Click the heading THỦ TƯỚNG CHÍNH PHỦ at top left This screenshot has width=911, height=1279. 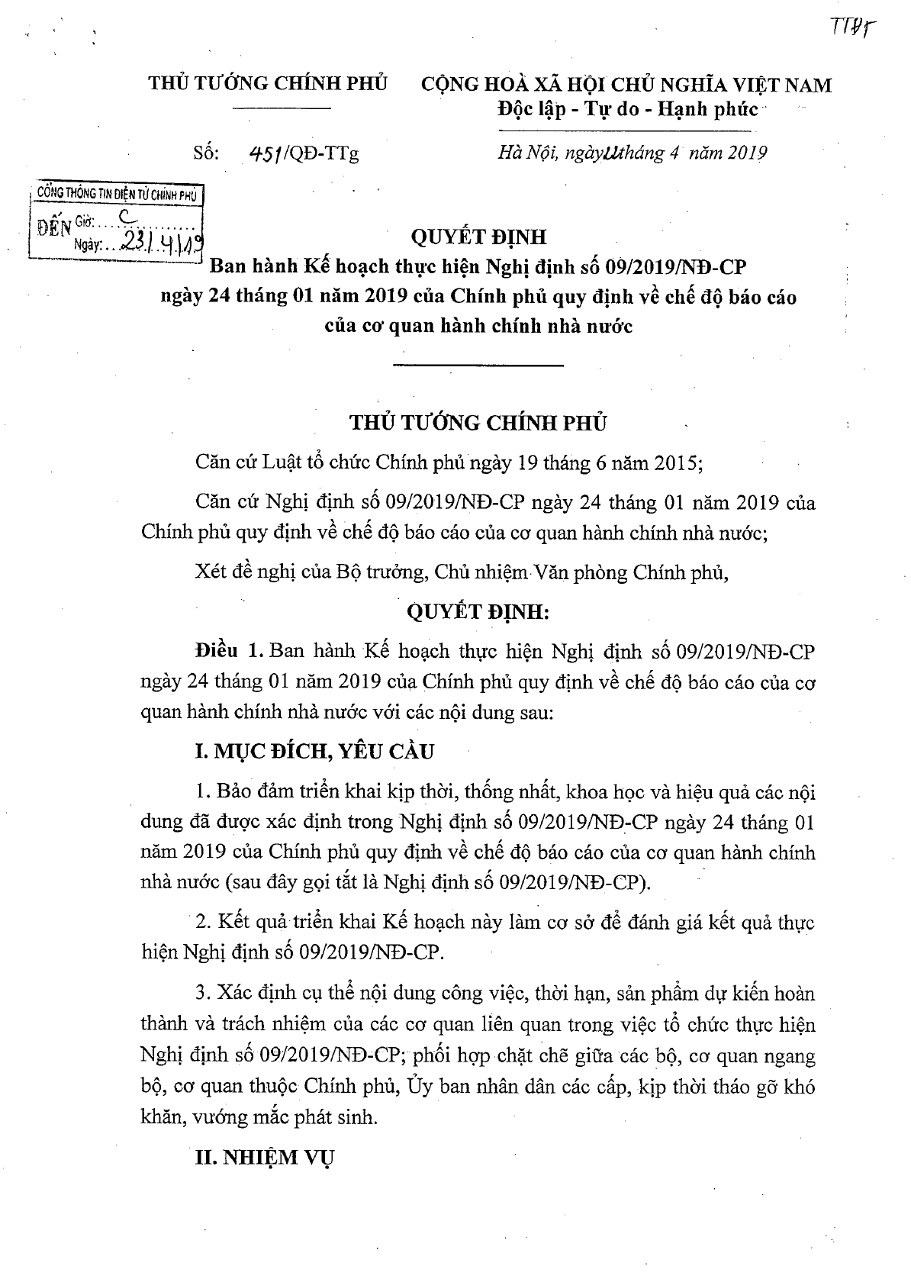(x=268, y=84)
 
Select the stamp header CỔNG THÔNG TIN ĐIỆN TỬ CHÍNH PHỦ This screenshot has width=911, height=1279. (x=117, y=195)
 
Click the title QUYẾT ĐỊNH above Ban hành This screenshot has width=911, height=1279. (x=478, y=237)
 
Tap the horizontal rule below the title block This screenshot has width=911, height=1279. (x=478, y=366)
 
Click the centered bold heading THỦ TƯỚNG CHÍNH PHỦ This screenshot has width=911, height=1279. (x=478, y=423)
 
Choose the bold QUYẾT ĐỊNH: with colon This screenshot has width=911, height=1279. (x=478, y=612)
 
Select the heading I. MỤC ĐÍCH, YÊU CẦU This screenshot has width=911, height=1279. (x=314, y=752)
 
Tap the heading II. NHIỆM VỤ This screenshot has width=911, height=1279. (x=265, y=1158)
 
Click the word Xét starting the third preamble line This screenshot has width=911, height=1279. (x=211, y=572)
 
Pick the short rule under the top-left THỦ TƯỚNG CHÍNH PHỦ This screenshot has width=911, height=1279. (x=282, y=111)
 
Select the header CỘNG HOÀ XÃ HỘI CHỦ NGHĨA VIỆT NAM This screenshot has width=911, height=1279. (x=627, y=85)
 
